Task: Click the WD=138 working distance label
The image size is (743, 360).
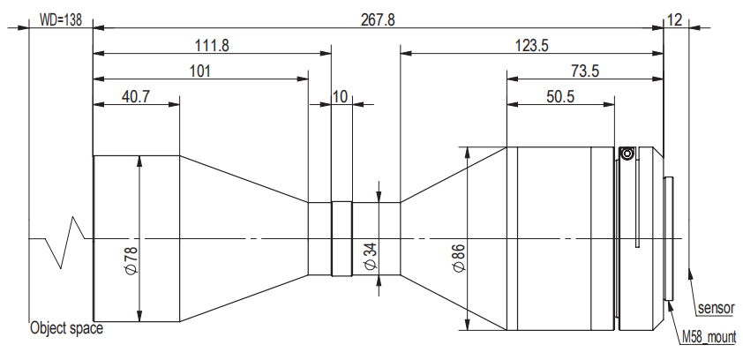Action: (x=60, y=20)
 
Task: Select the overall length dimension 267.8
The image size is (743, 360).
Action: (x=378, y=20)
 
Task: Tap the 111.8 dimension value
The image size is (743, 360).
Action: (x=213, y=46)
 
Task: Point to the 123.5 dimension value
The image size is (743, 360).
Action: (x=532, y=46)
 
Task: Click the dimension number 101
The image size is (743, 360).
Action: (x=200, y=71)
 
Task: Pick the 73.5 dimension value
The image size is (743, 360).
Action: (x=585, y=71)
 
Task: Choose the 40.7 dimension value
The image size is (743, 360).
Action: (x=136, y=97)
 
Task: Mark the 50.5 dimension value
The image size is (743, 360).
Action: (x=560, y=97)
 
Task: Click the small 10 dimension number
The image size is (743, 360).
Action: (x=341, y=97)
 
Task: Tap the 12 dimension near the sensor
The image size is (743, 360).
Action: (x=674, y=20)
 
